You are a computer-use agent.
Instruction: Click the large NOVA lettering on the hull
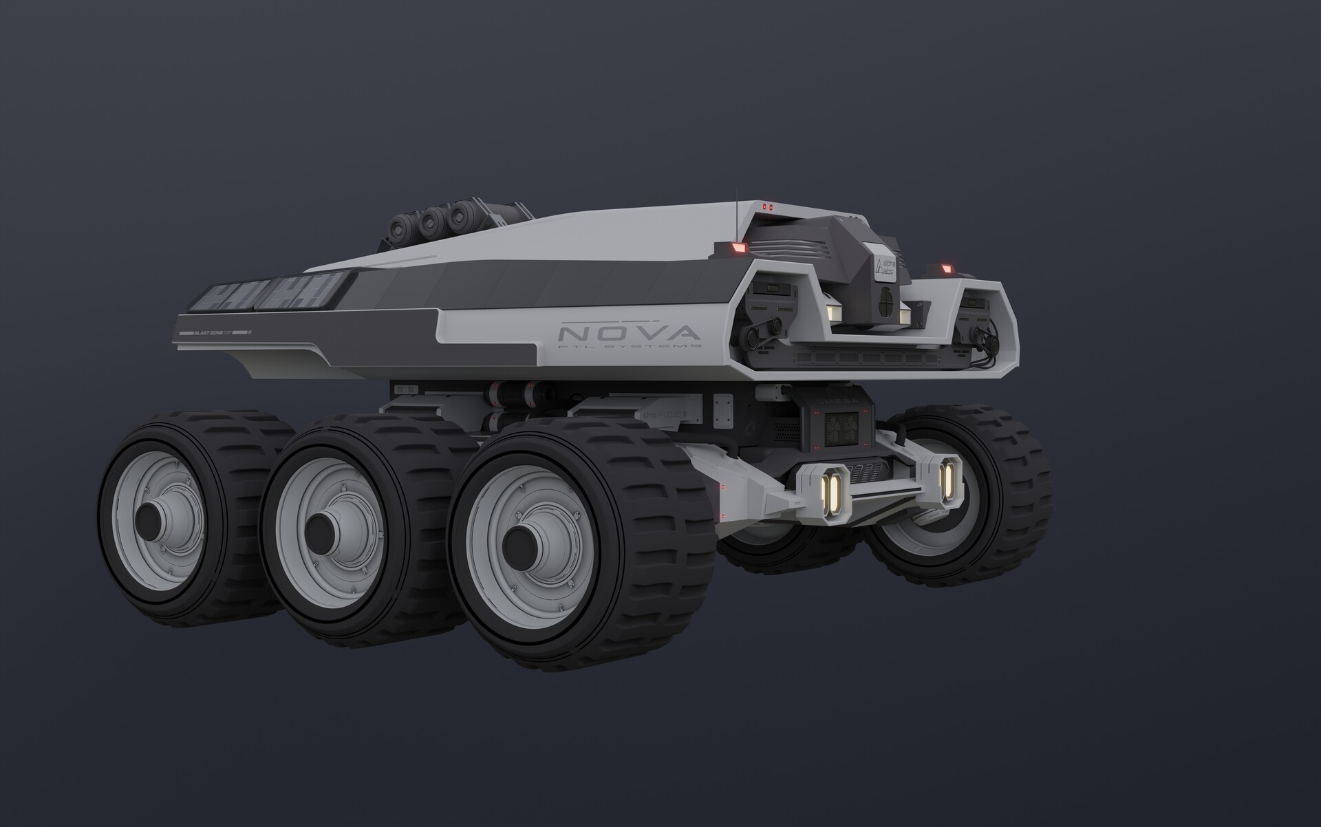[x=629, y=334]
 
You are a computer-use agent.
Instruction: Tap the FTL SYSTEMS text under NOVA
[x=629, y=347]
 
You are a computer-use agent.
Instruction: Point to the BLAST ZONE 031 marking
[x=215, y=332]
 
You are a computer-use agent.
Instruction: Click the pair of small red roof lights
[x=767, y=205]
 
